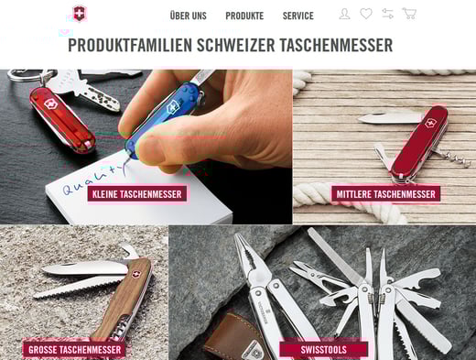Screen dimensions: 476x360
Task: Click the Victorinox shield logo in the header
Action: [x=79, y=14]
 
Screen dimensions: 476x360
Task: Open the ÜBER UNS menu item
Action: [x=189, y=16]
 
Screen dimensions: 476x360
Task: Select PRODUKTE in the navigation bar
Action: [x=244, y=16]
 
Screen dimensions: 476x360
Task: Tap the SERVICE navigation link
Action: [x=298, y=16]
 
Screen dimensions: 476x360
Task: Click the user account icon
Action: [x=344, y=14]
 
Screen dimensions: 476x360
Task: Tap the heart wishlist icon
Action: [x=366, y=14]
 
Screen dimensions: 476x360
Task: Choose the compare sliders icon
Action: [x=387, y=14]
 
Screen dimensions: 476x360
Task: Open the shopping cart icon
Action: [x=409, y=14]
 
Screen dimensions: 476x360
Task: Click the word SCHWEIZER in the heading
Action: [x=236, y=45]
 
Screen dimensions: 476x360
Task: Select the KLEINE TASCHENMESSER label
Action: [x=137, y=194]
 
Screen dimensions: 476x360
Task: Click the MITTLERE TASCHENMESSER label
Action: [x=385, y=194]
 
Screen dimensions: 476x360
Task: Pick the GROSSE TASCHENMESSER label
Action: [x=75, y=350]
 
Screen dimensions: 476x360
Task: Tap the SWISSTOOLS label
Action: [x=323, y=350]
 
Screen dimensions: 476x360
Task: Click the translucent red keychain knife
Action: [x=62, y=120]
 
